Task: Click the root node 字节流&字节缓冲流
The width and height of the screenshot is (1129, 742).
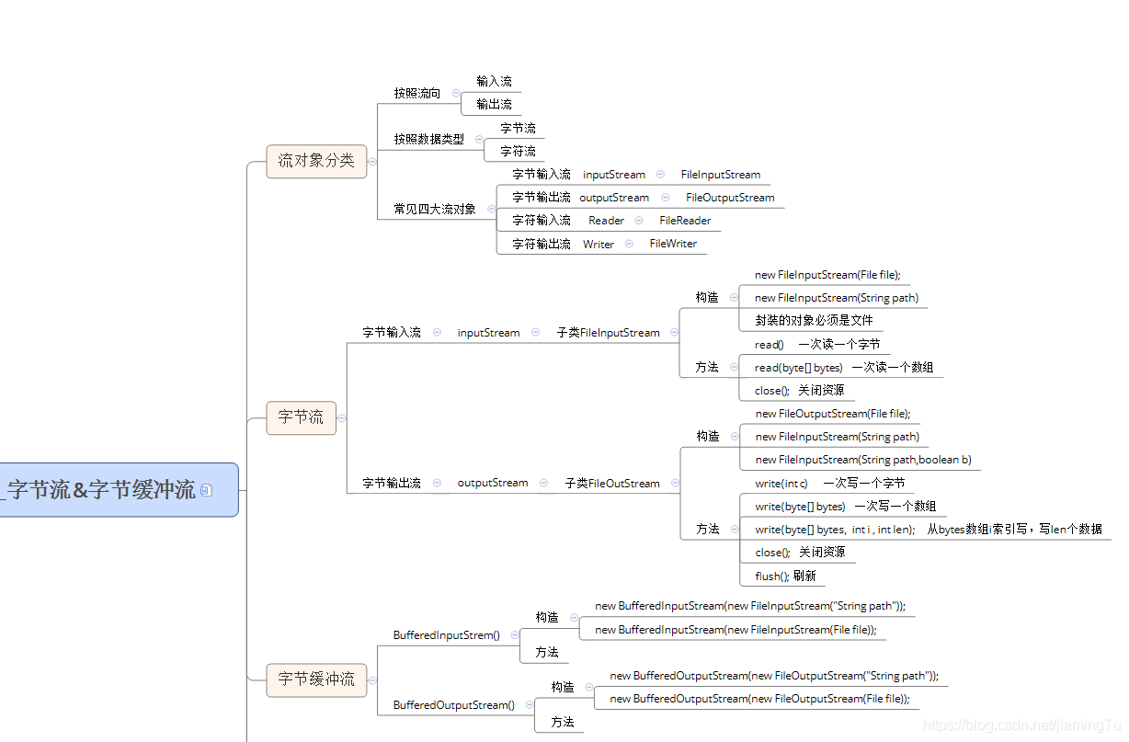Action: point(101,490)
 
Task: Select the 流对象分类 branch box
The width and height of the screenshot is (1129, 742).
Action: point(316,161)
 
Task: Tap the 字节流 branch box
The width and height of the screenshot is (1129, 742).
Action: point(301,417)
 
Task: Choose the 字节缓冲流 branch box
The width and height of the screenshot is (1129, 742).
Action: point(316,679)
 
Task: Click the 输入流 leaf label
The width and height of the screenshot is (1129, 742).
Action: point(494,82)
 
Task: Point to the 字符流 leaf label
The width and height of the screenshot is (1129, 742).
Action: point(518,151)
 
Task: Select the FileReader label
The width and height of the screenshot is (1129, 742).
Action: point(685,221)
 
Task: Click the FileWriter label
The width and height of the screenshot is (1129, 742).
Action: point(673,244)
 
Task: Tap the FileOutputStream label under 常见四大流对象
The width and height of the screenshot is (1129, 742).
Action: point(730,198)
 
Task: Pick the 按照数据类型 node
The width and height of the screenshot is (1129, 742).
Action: point(428,139)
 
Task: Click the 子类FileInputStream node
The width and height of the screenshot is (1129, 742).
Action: point(608,333)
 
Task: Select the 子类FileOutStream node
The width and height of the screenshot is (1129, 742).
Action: point(612,483)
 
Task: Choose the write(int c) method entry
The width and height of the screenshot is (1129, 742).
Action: point(781,483)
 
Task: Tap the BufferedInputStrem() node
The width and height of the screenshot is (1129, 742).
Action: point(446,635)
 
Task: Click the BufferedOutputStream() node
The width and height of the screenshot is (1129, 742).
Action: point(453,705)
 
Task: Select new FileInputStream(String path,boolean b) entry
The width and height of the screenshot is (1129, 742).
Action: point(863,460)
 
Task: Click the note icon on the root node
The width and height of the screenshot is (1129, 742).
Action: point(206,490)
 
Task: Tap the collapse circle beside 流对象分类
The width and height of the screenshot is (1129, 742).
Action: point(373,161)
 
